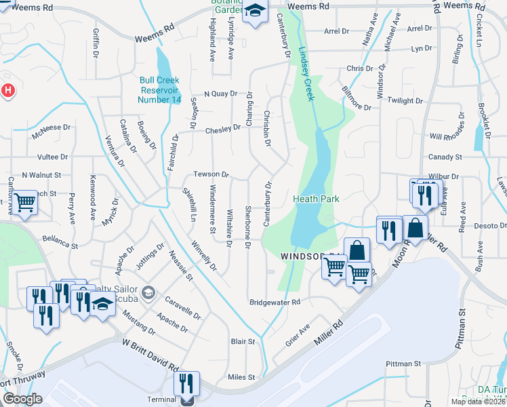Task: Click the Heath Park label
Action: (316, 199)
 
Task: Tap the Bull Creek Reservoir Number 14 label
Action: (160, 90)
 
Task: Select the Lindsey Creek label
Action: (306, 76)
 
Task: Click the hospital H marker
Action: (7, 90)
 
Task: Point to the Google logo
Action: (22, 399)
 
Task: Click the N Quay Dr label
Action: (220, 94)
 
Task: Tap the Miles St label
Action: (241, 377)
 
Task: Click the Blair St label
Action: (243, 342)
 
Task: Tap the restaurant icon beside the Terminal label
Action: (186, 384)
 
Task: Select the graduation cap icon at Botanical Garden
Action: (256, 12)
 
